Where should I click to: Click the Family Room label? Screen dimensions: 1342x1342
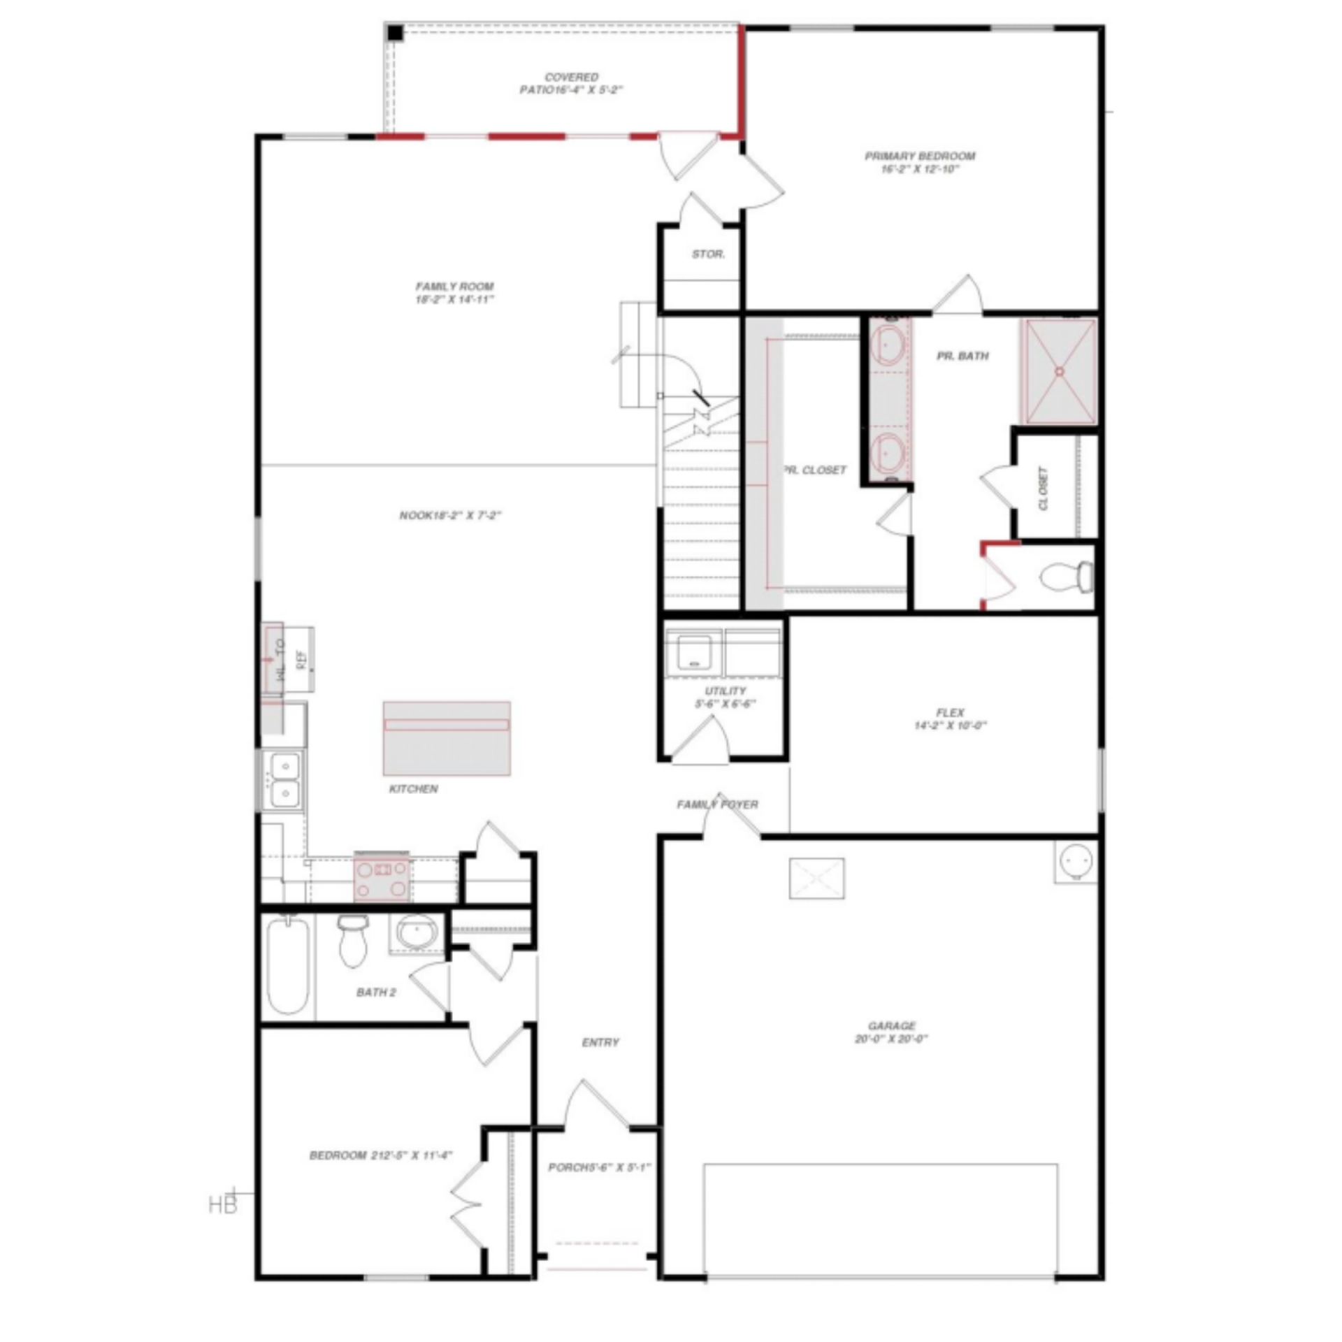(454, 293)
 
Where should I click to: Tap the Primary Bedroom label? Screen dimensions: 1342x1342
(920, 162)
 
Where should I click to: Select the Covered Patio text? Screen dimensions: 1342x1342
(571, 83)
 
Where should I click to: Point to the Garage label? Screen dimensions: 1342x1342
(891, 1032)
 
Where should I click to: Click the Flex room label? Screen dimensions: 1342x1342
(950, 719)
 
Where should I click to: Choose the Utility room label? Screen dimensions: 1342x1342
(725, 697)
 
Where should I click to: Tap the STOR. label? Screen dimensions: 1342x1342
(708, 254)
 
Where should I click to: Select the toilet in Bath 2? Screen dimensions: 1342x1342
(353, 940)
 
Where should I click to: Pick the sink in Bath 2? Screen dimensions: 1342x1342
(417, 932)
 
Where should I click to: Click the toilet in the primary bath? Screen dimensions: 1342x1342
(1067, 577)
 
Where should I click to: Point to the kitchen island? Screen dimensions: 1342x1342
(447, 738)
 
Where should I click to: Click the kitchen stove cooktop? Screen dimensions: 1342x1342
(382, 879)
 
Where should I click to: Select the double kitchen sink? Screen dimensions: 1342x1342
(284, 780)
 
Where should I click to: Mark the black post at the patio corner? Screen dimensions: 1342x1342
(396, 33)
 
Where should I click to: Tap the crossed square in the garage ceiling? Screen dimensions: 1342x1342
(816, 878)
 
